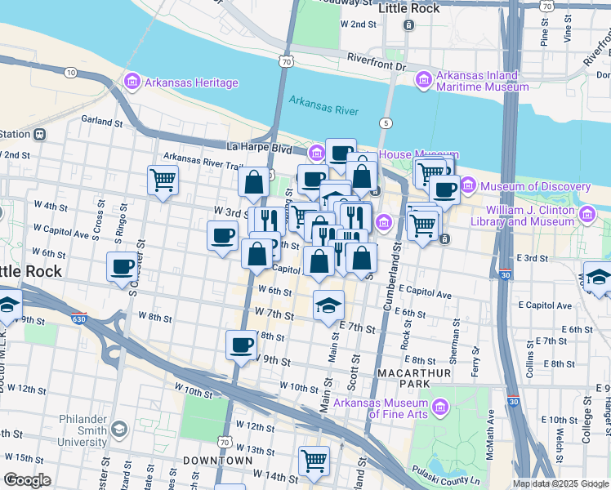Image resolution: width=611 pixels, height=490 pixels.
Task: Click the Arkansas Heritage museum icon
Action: (132, 82)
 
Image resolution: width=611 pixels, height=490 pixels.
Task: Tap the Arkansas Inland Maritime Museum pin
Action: (423, 80)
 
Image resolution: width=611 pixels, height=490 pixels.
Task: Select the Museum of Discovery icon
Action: (467, 187)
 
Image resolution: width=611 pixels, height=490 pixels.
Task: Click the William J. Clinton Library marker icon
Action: (586, 215)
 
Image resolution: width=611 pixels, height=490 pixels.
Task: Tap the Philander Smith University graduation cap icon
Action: (119, 430)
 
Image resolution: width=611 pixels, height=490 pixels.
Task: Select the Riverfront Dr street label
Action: (376, 58)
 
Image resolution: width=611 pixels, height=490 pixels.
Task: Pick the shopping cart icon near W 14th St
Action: (314, 461)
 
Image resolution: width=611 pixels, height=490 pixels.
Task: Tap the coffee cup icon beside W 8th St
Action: (241, 345)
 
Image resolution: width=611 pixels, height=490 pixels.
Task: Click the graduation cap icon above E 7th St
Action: (328, 305)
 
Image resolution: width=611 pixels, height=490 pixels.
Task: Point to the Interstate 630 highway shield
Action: (78, 318)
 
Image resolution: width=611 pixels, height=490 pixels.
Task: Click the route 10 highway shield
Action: (71, 73)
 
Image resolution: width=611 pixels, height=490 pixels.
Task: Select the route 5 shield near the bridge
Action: (383, 123)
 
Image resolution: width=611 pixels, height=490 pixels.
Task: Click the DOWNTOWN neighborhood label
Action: (217, 461)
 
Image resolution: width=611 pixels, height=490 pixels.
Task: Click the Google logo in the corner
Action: (27, 480)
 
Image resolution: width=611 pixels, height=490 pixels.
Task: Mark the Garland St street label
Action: (102, 121)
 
